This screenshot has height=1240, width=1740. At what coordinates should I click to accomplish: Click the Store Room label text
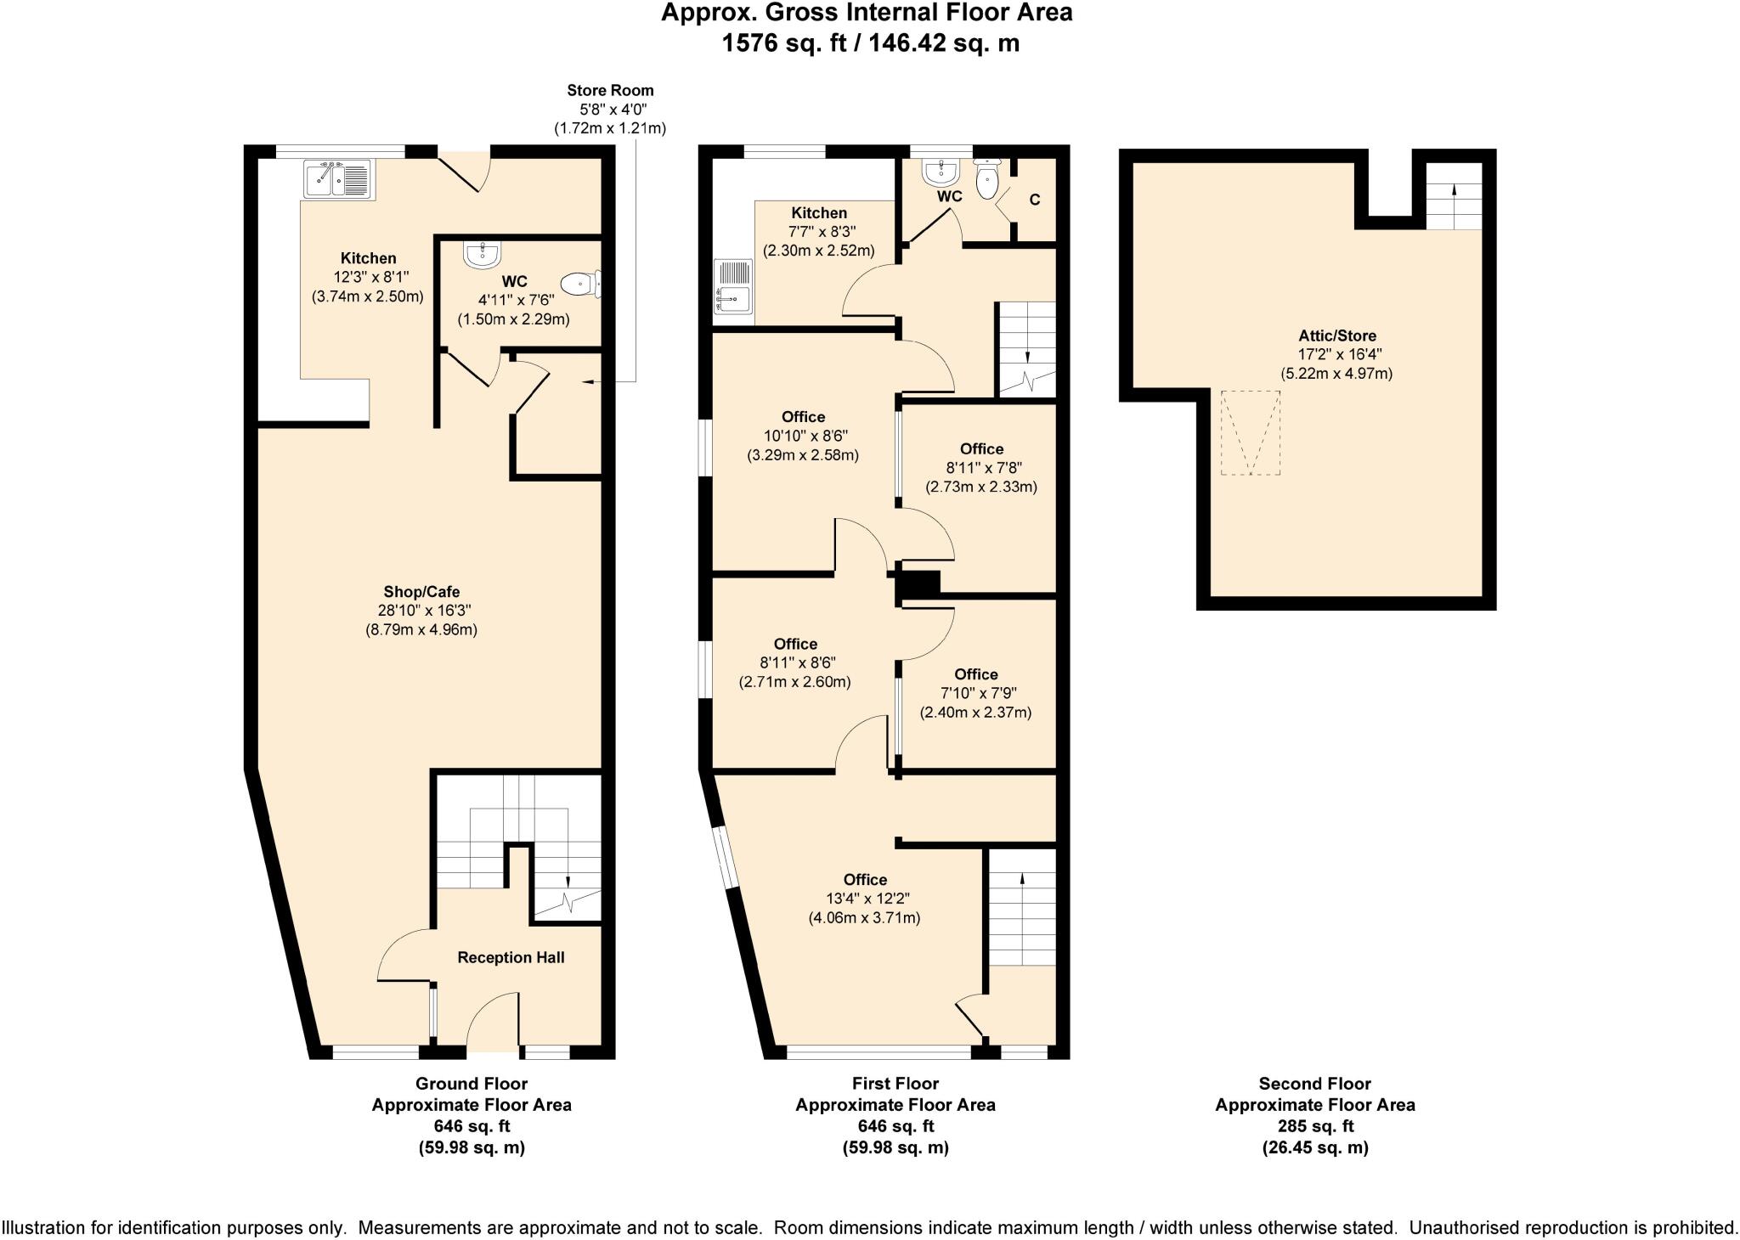pos(610,90)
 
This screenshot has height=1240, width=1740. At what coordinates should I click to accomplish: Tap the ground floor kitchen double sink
pos(338,180)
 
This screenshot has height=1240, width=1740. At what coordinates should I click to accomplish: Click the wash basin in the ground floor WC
pos(483,253)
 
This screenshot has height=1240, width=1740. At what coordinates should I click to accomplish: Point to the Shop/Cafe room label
pos(421,592)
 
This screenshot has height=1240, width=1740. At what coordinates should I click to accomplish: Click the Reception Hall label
pos(511,957)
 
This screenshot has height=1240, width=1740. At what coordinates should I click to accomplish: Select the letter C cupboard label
pos(1034,200)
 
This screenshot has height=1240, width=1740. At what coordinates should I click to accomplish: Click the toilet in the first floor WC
pos(987,179)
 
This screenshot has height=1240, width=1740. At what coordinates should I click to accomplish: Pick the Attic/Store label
pos(1336,335)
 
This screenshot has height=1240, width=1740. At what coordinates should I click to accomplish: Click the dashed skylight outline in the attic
pos(1251,432)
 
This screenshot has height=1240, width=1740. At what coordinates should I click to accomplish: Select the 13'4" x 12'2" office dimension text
pos(865,899)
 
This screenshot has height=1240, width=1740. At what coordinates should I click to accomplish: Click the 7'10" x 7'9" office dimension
pos(975,693)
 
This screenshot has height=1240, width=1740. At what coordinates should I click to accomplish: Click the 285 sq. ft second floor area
pos(1314,1126)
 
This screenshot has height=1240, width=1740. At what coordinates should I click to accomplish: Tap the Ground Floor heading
pos(471,1084)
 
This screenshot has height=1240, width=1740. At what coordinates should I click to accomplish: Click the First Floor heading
pos(895,1084)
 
